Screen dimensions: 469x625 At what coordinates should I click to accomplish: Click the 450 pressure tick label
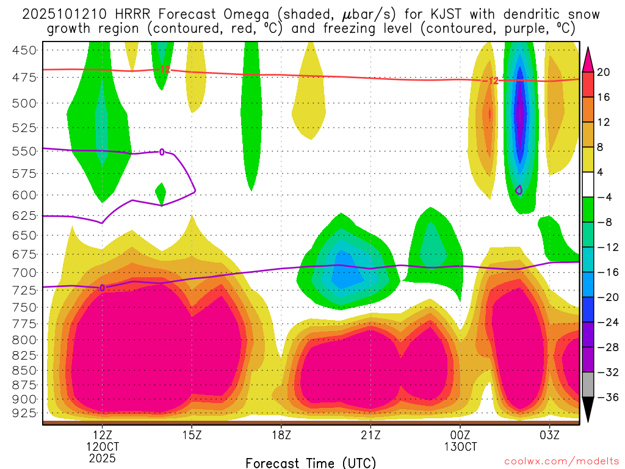click(24, 50)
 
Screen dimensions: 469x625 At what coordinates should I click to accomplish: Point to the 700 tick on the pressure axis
click(24, 272)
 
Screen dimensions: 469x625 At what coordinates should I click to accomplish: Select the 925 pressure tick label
click(24, 413)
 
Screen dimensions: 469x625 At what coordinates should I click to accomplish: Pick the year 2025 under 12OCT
click(103, 457)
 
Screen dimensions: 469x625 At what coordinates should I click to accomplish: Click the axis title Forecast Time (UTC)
click(311, 463)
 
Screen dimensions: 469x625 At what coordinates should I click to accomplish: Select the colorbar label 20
click(604, 72)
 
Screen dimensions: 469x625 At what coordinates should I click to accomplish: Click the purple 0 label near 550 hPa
click(162, 152)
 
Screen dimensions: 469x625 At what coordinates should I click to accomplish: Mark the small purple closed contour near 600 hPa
click(519, 190)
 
